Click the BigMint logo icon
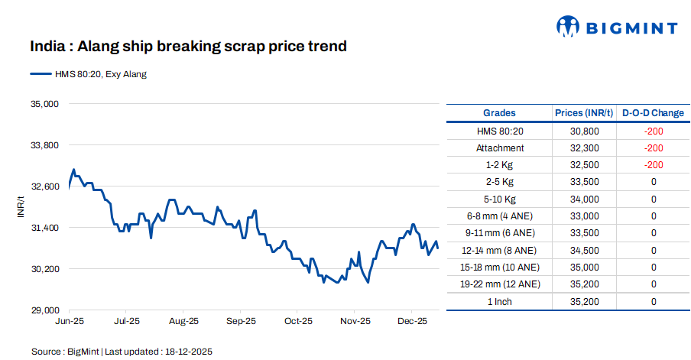pyautogui.click(x=568, y=27)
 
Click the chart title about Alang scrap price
pyautogui.click(x=188, y=47)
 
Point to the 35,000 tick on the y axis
pyautogui.click(x=44, y=103)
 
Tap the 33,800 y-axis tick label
pyautogui.click(x=44, y=144)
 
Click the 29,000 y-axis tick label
pyautogui.click(x=44, y=310)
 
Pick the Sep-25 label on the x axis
pyautogui.click(x=241, y=322)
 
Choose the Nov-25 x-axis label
pyautogui.click(x=355, y=322)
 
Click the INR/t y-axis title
pyautogui.click(x=21, y=207)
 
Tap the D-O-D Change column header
pyautogui.click(x=653, y=113)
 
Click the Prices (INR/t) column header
pyautogui.click(x=584, y=113)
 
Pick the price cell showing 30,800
pyautogui.click(x=584, y=131)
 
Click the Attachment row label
pyautogui.click(x=500, y=148)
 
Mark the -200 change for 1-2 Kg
pyautogui.click(x=653, y=165)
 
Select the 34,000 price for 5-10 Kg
pyautogui.click(x=584, y=199)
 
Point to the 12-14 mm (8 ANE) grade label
pyautogui.click(x=500, y=250)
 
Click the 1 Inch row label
pyautogui.click(x=500, y=301)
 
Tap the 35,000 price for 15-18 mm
pyautogui.click(x=584, y=267)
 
